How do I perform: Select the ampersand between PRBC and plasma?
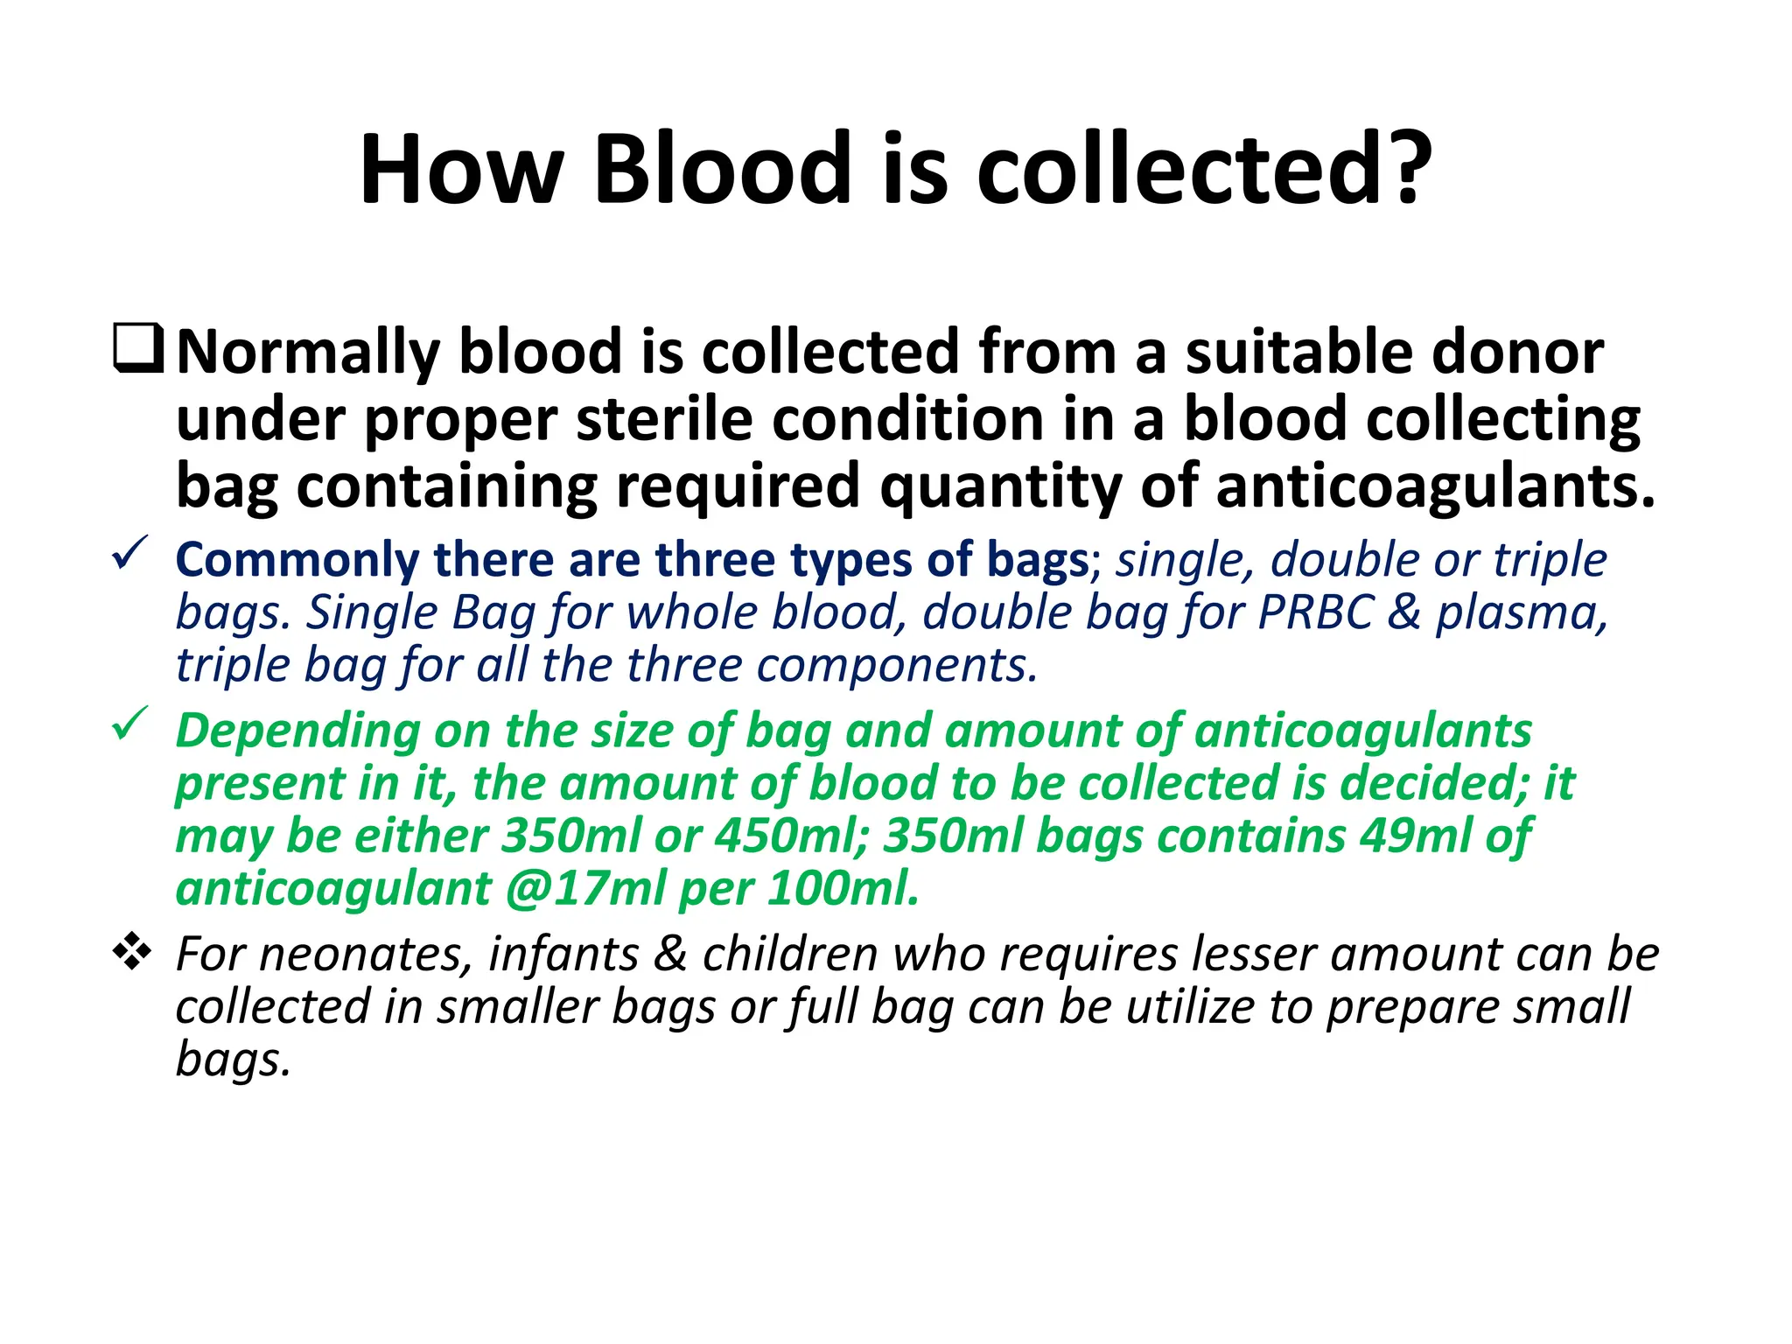click(1403, 612)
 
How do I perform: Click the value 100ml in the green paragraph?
click(843, 888)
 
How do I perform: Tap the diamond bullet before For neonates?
click(132, 951)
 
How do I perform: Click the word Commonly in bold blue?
click(297, 560)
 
